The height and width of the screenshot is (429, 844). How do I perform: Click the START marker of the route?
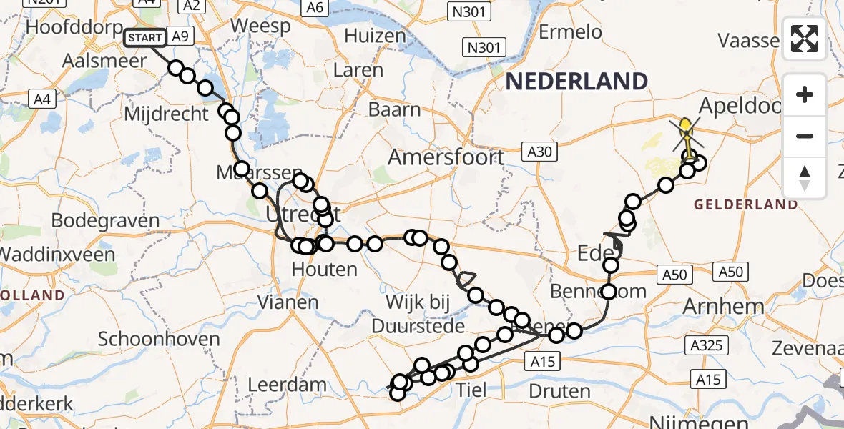click(145, 37)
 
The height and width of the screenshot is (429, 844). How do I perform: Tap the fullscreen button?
click(805, 39)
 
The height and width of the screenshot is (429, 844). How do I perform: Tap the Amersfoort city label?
click(447, 157)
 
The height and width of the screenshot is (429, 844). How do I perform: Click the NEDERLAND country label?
click(576, 81)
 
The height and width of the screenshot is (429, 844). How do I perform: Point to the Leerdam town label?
click(287, 384)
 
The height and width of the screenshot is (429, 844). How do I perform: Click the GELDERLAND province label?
click(746, 204)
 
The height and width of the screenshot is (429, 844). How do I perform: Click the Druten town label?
click(560, 390)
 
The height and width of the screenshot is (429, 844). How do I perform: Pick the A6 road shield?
click(314, 7)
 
